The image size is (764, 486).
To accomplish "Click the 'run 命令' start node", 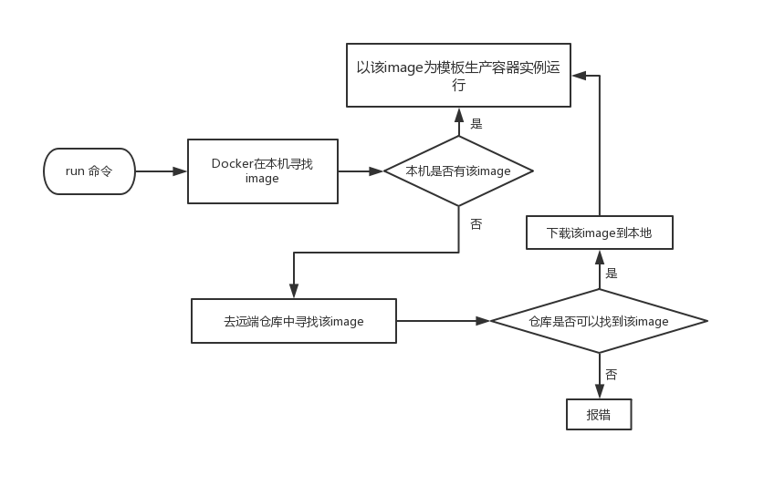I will tap(89, 171).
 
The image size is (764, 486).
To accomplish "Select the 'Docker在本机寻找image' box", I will tap(262, 171).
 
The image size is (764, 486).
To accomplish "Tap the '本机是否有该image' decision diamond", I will tap(458, 171).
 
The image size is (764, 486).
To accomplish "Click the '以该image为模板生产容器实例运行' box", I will tap(458, 76).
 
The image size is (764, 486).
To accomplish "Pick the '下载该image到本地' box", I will tap(600, 233).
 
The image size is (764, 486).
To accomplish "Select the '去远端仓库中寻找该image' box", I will tap(294, 321).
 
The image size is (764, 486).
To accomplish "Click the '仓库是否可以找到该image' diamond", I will tap(600, 321).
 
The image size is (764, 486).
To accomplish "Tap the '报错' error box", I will tap(599, 414).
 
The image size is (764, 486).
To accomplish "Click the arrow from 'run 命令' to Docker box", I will tap(161, 171).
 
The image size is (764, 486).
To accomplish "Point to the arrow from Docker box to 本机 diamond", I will tap(361, 171).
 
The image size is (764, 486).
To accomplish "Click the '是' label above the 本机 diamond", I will tap(476, 123).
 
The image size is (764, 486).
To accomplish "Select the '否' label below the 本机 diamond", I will tap(476, 223).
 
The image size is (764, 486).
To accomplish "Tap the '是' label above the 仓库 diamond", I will tap(612, 272).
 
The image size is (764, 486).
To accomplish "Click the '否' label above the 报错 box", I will tap(612, 375).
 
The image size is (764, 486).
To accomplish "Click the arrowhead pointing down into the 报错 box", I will tap(600, 393).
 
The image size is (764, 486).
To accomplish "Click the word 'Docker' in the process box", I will tap(232, 164).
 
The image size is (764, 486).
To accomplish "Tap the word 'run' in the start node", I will tap(75, 171).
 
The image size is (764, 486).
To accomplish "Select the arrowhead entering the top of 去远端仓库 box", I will tap(294, 292).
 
